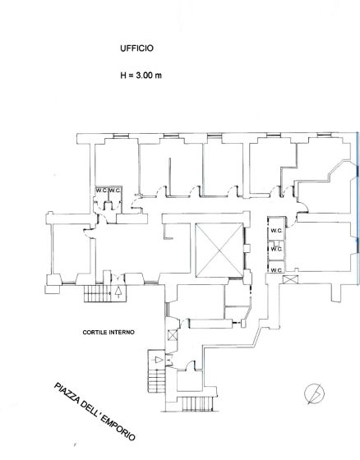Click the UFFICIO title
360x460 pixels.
coord(136,48)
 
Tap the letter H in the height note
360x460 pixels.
coord(123,76)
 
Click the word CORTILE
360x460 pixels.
coord(95,333)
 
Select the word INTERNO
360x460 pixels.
coord(122,333)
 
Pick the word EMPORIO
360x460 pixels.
coord(118,428)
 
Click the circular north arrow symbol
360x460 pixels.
coord(315,393)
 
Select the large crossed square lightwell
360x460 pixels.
coord(219,251)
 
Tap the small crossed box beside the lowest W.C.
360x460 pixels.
coord(291,279)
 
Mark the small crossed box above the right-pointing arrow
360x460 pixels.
coord(173,335)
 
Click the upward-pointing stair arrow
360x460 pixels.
coord(118,292)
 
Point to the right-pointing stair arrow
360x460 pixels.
coord(159,360)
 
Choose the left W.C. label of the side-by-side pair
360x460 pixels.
coord(101,191)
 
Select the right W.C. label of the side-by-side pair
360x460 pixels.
coord(115,191)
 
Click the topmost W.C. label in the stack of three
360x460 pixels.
coord(276,231)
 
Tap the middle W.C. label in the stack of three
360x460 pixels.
coord(276,249)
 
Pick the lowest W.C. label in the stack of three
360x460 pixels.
coord(276,270)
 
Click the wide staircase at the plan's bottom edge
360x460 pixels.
coord(197,404)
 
